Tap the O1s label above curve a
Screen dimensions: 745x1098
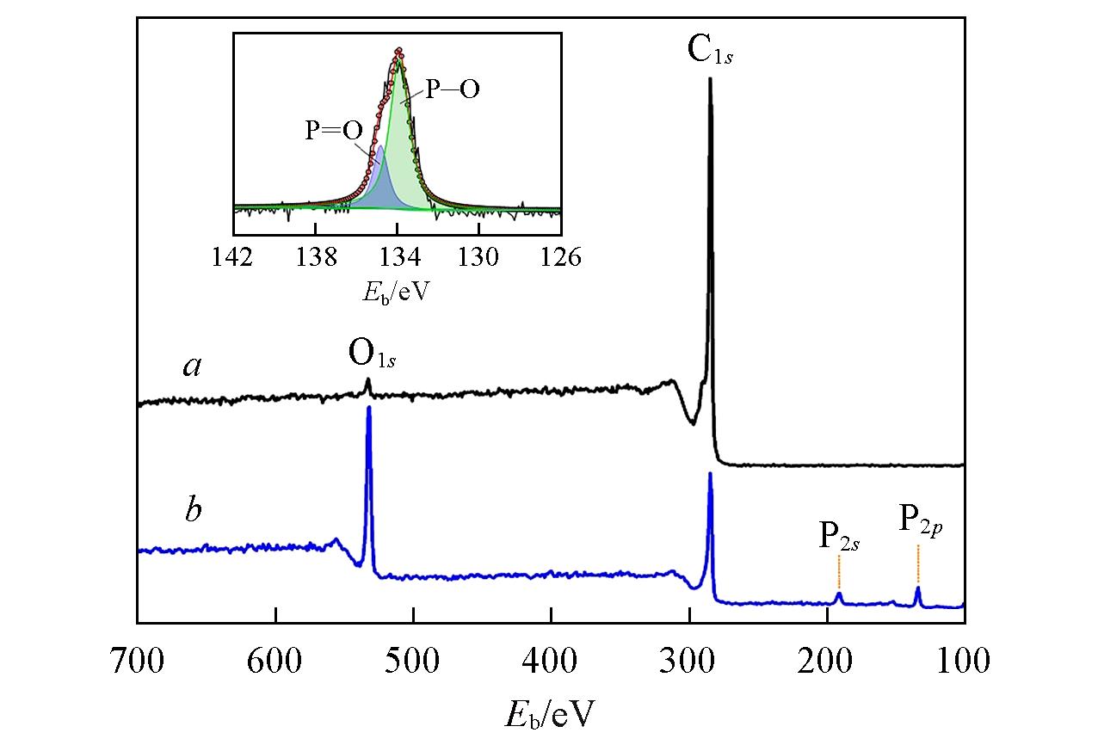pyautogui.click(x=371, y=354)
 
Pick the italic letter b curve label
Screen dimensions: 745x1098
pyautogui.click(x=193, y=510)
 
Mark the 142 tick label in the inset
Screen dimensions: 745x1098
pyautogui.click(x=233, y=257)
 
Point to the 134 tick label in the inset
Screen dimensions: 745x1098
pyautogui.click(x=398, y=257)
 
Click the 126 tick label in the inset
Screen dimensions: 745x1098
pyautogui.click(x=561, y=257)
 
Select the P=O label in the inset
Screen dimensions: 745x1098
pyautogui.click(x=333, y=131)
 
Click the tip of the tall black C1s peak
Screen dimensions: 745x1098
pyautogui.click(x=710, y=79)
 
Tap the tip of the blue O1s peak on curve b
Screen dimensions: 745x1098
pyautogui.click(x=369, y=408)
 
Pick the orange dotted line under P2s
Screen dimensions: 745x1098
pyautogui.click(x=838, y=572)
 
